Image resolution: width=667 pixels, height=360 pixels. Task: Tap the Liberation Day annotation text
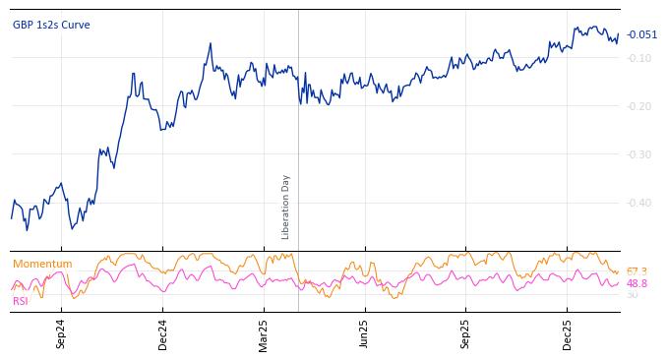tap(286, 207)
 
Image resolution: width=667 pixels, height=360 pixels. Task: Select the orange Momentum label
tap(42, 265)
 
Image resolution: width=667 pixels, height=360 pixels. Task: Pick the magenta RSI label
tap(20, 301)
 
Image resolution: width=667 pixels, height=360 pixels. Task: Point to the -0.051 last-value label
tap(641, 35)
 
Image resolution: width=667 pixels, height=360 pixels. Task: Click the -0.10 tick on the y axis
tap(638, 58)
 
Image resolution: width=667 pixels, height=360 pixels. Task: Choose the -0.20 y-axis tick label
tap(638, 106)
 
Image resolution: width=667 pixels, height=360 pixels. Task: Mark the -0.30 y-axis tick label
tap(638, 154)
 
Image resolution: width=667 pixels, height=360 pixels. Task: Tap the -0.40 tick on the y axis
tap(638, 203)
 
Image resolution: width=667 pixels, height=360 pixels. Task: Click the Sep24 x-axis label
tap(61, 333)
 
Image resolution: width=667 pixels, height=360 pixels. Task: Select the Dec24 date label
tap(163, 333)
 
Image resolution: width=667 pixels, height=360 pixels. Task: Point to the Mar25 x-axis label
tap(264, 333)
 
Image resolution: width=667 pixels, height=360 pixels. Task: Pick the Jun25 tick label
tap(365, 333)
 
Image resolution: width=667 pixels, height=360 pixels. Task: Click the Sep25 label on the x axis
tap(466, 333)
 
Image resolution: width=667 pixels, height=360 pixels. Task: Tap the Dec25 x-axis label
tap(568, 333)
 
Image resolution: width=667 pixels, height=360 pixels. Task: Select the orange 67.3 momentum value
tap(637, 271)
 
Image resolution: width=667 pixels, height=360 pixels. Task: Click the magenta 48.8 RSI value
tap(637, 283)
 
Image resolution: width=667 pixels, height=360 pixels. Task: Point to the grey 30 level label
tap(632, 294)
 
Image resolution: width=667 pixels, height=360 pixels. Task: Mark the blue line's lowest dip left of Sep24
tap(27, 230)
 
